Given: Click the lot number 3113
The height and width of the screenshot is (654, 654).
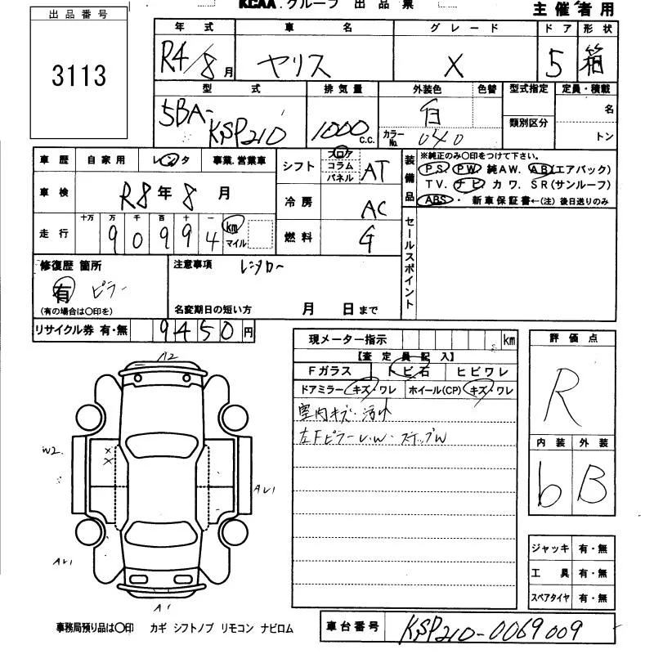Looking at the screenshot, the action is click(x=79, y=76).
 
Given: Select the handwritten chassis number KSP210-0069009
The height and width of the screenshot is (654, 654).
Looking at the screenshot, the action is click(x=491, y=629).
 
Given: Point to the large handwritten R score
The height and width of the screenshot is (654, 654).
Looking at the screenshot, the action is click(x=571, y=391).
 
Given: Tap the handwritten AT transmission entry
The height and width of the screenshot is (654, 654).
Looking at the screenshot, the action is click(x=374, y=172).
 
